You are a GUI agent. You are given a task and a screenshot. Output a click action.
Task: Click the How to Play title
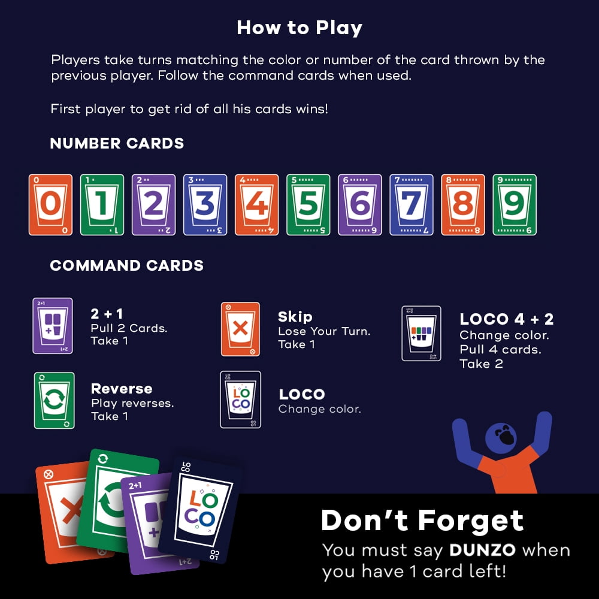click(x=299, y=28)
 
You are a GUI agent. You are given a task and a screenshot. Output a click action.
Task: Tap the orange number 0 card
click(x=50, y=205)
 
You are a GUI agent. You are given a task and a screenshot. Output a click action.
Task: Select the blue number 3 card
click(x=205, y=205)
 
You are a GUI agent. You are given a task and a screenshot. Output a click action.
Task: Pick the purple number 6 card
click(x=360, y=205)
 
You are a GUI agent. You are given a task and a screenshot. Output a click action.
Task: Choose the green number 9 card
click(x=515, y=205)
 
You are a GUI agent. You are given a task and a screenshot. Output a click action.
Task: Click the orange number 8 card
click(x=463, y=205)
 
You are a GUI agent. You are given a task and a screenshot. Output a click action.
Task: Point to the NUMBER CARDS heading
click(x=117, y=144)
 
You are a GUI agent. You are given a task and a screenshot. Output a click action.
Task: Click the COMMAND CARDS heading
click(x=127, y=265)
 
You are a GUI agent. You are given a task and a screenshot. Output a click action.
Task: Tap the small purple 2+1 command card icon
click(x=53, y=326)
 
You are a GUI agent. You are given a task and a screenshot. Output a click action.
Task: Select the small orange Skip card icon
click(x=240, y=329)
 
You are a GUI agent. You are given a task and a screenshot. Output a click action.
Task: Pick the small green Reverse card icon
click(x=55, y=400)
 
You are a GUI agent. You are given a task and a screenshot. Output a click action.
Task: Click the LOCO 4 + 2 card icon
click(x=421, y=333)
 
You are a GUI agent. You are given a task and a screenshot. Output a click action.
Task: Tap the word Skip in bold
click(x=295, y=317)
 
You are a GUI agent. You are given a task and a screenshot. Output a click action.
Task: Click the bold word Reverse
click(x=122, y=389)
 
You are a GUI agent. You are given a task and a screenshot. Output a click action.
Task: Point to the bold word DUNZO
click(x=483, y=550)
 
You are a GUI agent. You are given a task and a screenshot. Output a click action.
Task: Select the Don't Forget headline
click(x=422, y=520)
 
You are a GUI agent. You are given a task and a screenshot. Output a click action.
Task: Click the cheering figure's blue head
click(x=501, y=437)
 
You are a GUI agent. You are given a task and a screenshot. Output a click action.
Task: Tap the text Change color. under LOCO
click(x=320, y=409)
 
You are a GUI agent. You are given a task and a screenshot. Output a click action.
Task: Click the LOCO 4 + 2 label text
click(x=507, y=319)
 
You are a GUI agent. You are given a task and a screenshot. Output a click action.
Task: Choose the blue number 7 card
click(x=412, y=205)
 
